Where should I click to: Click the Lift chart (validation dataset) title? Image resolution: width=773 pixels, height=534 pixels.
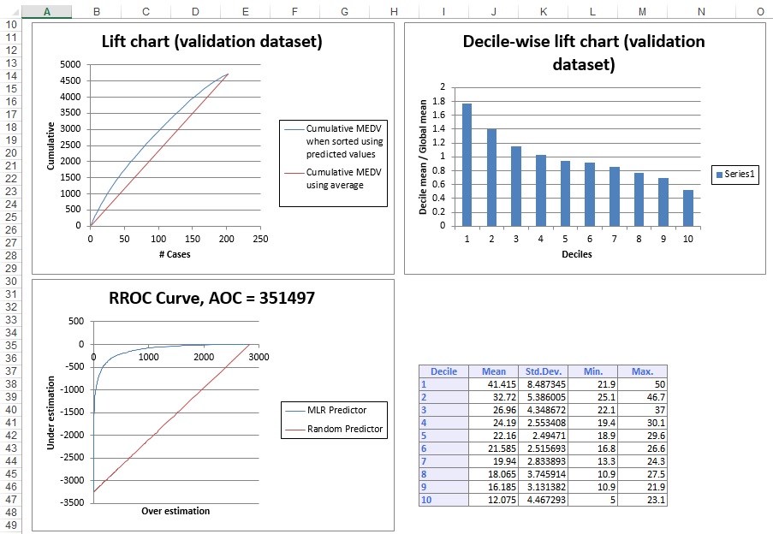[212, 41]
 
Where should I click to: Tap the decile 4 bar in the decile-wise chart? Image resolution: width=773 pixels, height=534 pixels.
[540, 190]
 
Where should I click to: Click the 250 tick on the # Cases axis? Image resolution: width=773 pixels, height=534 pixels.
[260, 239]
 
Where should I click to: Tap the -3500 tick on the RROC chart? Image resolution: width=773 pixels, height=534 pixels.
[72, 502]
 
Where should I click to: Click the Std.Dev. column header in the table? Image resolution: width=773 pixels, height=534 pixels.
[542, 371]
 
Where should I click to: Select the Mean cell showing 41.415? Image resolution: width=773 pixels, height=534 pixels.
[493, 384]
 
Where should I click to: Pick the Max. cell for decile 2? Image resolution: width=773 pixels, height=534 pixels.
[641, 397]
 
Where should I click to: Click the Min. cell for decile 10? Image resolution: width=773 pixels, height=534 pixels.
[592, 501]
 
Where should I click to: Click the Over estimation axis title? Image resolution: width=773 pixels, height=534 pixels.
[175, 511]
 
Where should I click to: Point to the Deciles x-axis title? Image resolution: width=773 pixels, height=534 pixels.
[576, 254]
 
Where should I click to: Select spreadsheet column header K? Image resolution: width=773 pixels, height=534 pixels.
[544, 11]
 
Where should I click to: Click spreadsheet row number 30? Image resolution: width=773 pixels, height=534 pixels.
[12, 282]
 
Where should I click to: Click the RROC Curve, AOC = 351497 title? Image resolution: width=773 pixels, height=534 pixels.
[212, 299]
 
